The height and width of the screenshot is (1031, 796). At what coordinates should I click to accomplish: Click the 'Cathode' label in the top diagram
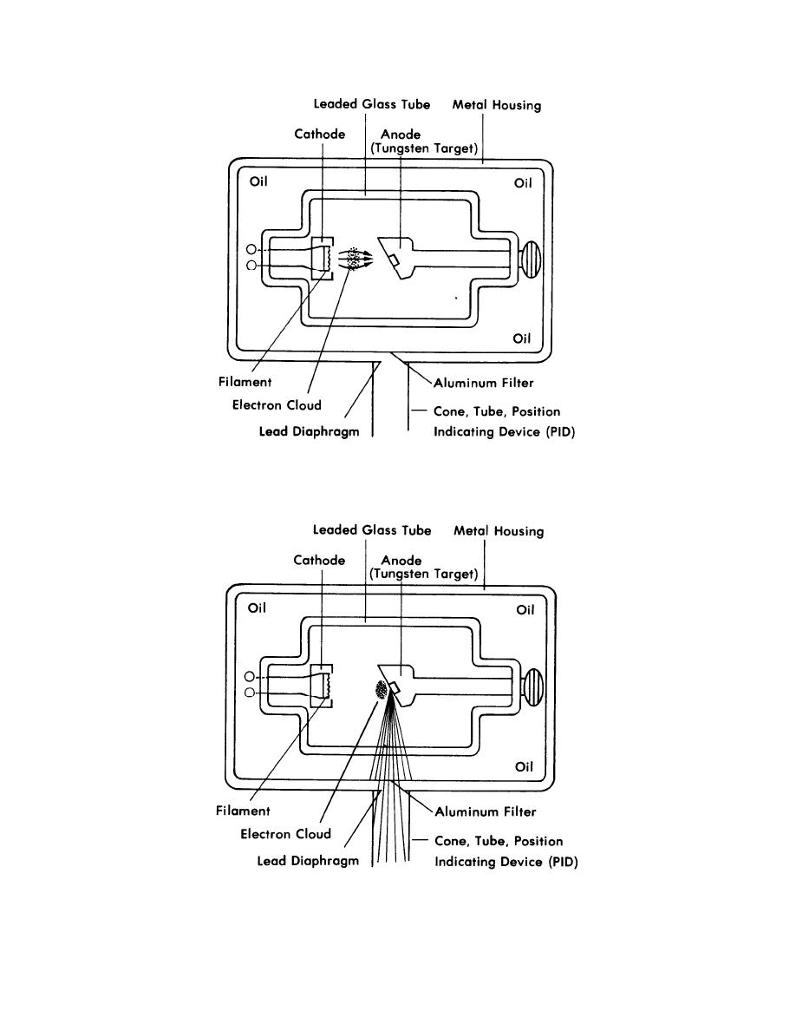pyautogui.click(x=319, y=135)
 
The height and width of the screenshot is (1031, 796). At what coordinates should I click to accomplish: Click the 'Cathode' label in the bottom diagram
pyautogui.click(x=318, y=561)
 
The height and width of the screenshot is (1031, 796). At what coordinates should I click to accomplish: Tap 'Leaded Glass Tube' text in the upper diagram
pyautogui.click(x=372, y=104)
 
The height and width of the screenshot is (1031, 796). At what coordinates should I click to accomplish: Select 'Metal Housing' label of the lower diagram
pyautogui.click(x=499, y=531)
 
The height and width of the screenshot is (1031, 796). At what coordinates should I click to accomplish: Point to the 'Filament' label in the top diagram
pyautogui.click(x=245, y=382)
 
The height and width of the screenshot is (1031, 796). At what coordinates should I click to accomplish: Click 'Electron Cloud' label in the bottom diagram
pyautogui.click(x=285, y=834)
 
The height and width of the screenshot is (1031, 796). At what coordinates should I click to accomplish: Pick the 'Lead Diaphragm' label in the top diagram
pyautogui.click(x=309, y=432)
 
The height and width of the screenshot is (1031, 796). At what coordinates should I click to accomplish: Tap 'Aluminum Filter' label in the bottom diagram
pyautogui.click(x=486, y=812)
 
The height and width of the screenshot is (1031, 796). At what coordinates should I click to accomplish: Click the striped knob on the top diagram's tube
pyautogui.click(x=531, y=259)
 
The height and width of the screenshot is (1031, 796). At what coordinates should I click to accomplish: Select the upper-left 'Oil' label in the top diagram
pyautogui.click(x=258, y=181)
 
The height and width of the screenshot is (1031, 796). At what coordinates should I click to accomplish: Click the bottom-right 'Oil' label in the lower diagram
pyautogui.click(x=524, y=766)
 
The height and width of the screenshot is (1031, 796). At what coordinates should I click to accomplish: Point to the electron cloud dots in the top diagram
pyautogui.click(x=354, y=259)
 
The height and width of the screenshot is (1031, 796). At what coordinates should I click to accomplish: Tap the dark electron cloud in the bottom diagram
pyautogui.click(x=381, y=690)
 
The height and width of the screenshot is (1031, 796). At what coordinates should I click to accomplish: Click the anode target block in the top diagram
pyautogui.click(x=394, y=259)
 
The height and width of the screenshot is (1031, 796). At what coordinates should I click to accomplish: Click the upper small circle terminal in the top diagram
pyautogui.click(x=251, y=249)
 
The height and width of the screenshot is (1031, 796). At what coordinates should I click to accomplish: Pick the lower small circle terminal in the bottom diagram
pyautogui.click(x=249, y=693)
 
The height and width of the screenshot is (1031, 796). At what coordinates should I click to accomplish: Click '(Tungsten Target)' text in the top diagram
pyautogui.click(x=424, y=148)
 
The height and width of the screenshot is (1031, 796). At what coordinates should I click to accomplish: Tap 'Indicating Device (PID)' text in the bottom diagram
pyautogui.click(x=506, y=862)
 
